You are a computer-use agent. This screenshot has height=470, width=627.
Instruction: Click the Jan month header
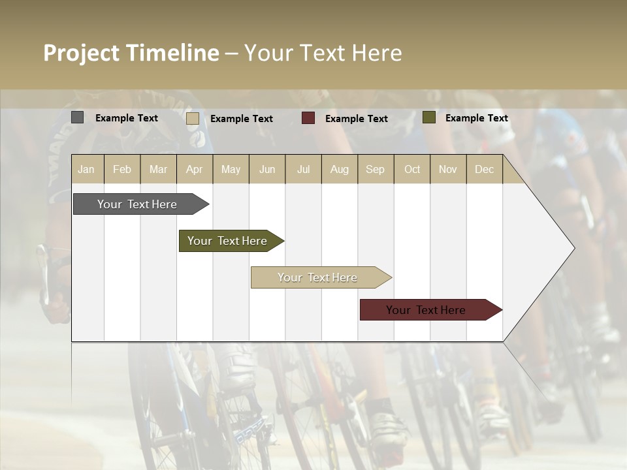86,169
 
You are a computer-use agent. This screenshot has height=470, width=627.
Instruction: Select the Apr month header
195,169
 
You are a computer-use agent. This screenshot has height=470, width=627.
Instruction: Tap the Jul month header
303,169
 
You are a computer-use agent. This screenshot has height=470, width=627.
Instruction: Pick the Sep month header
375,169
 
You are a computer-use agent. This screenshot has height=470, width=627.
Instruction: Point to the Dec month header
484,169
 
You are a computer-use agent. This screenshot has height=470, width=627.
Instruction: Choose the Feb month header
122,169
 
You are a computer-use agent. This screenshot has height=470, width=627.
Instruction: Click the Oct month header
412,169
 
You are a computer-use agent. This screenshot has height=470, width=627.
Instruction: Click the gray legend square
77,117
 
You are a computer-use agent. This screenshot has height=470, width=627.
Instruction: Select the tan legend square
192,118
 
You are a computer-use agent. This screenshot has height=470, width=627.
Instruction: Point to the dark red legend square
308,118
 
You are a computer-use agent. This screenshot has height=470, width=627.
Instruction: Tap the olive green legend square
428,117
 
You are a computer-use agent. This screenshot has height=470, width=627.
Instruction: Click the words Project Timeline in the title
131,53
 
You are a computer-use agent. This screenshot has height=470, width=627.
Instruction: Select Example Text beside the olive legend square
476,118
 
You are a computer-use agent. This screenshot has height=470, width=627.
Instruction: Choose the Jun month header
267,169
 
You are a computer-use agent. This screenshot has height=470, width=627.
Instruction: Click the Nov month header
448,169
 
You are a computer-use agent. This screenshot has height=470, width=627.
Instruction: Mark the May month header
231,169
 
